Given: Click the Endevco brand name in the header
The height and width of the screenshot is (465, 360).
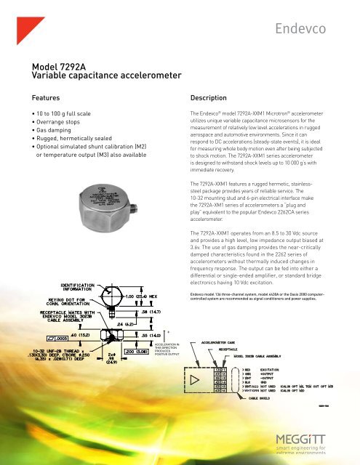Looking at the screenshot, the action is [313, 28].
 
